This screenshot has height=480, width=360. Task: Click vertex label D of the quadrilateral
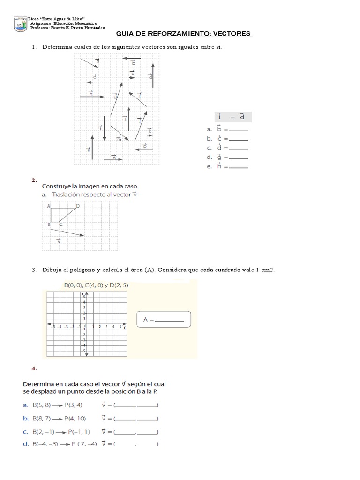[x=78, y=206]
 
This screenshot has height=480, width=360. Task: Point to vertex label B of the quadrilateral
[x=48, y=225]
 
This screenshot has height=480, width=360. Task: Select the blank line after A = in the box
[x=169, y=321]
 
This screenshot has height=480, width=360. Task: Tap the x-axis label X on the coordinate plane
[x=125, y=327]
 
